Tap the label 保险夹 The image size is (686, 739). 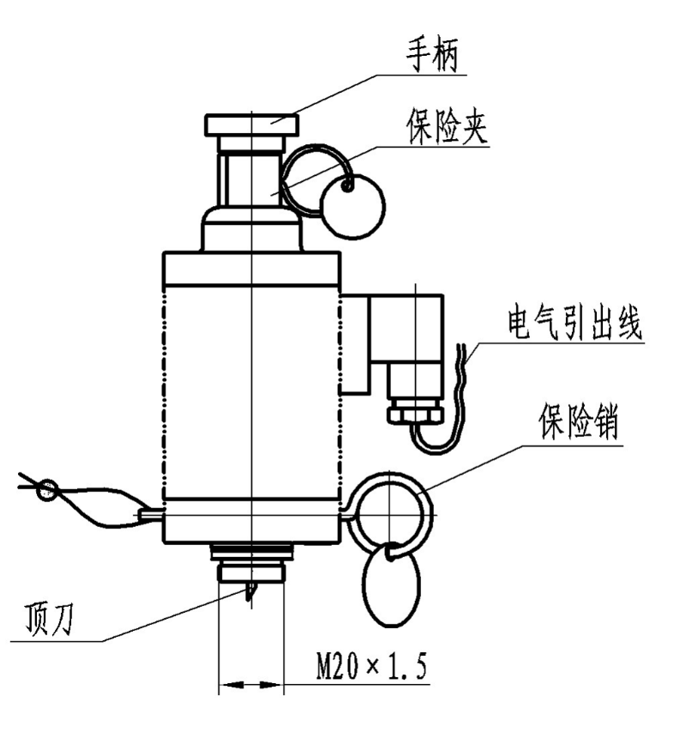[447, 128]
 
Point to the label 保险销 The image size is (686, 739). [580, 423]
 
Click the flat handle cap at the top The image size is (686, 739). [251, 124]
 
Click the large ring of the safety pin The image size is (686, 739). [390, 514]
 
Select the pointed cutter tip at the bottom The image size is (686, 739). [250, 592]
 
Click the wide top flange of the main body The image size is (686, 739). [251, 269]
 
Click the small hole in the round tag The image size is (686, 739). [347, 184]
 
